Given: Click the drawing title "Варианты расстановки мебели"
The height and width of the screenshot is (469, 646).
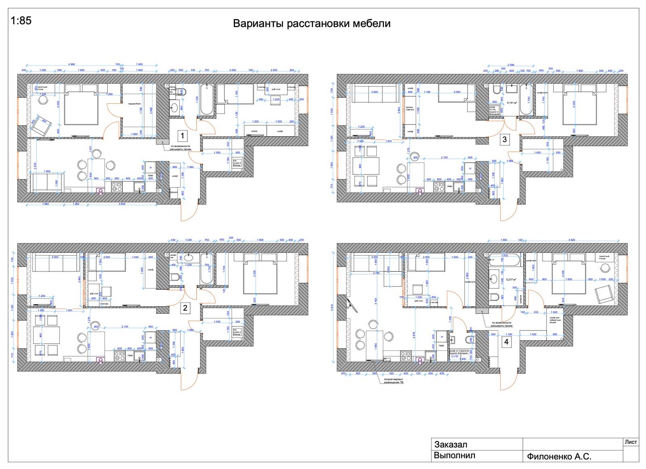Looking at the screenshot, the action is [x=312, y=23].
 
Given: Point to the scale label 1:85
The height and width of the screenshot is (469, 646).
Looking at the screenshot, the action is [x=21, y=20].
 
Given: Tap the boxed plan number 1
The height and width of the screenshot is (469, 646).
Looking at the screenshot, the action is [x=182, y=136].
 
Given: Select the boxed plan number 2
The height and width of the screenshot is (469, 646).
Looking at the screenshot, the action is [x=185, y=308].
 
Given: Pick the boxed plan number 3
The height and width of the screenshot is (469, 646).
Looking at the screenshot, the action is [x=504, y=140].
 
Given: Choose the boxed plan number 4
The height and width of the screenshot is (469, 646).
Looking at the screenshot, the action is [x=506, y=342].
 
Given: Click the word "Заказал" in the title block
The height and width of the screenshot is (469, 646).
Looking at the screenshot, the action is [x=451, y=444].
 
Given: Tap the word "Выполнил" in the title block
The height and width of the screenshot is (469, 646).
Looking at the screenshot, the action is [x=454, y=456].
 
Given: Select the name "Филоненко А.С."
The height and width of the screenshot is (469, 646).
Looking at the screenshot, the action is [x=559, y=456].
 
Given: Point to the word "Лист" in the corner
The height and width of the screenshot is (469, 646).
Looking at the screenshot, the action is [x=631, y=442].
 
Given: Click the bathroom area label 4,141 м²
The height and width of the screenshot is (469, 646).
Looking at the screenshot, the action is [x=512, y=103].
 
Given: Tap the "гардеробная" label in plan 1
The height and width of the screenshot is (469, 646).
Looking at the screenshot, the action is [x=134, y=104].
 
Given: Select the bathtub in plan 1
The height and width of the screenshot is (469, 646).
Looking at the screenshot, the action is [x=207, y=99].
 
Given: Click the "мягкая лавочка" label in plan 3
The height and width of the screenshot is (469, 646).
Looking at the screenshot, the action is [x=410, y=109].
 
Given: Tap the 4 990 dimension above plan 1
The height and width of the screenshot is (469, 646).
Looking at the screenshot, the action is [x=71, y=64].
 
